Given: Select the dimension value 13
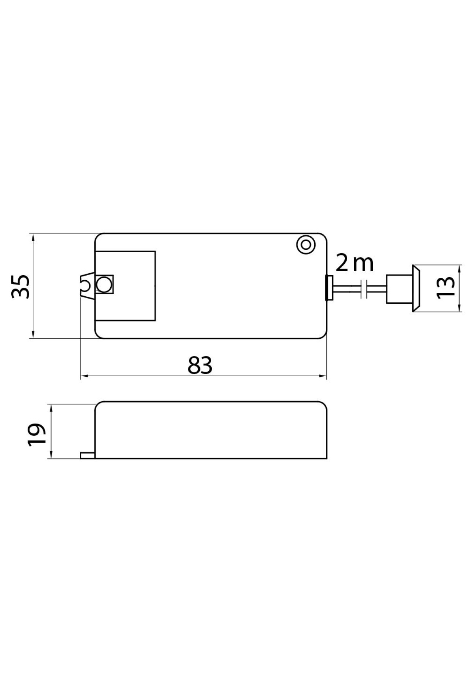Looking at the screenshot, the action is pyautogui.click(x=446, y=288).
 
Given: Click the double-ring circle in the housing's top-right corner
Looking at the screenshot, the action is pyautogui.click(x=306, y=245).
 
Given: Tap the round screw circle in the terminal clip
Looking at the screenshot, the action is pyautogui.click(x=103, y=285).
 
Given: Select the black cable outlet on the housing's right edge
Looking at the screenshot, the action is pyautogui.click(x=329, y=288).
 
